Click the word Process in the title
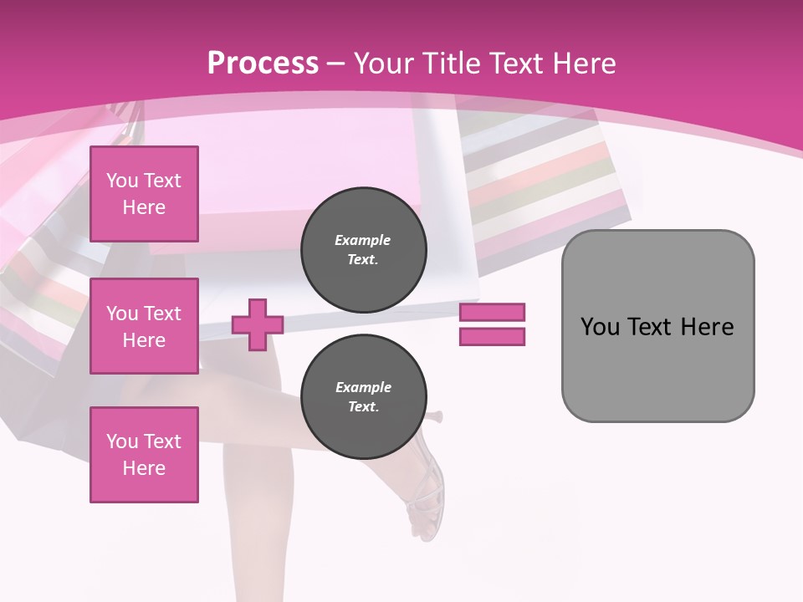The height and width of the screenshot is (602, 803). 263,64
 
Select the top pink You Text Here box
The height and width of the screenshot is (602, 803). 144,194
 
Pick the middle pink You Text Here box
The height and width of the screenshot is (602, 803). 144,326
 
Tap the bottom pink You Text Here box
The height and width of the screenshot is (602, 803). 144,455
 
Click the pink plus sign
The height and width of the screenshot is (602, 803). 258,324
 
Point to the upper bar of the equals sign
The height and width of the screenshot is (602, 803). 492,312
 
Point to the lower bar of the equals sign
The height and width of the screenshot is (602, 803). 492,336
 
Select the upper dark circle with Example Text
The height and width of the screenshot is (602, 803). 364,250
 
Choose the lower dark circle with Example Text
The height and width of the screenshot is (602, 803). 364,397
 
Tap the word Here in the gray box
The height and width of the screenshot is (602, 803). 707,327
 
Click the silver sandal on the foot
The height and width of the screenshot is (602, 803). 425,502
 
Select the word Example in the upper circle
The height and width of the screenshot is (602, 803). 363,240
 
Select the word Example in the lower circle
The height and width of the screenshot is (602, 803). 363,387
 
